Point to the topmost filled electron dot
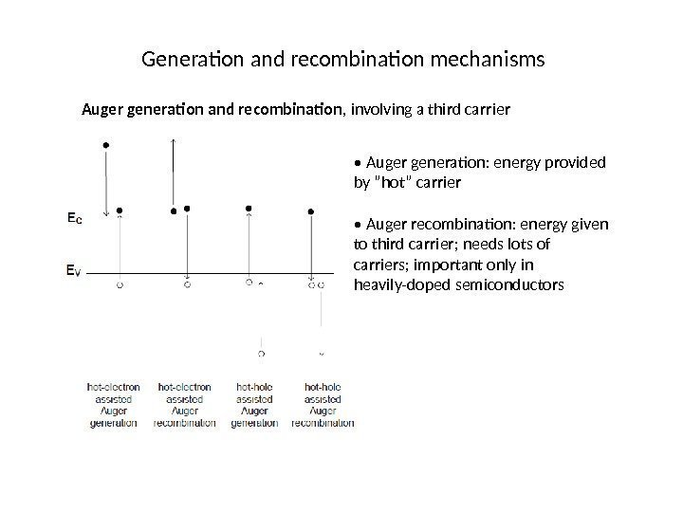pyautogui.click(x=106, y=145)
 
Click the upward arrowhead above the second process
pyautogui.click(x=173, y=139)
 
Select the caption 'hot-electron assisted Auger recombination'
pyautogui.click(x=185, y=405)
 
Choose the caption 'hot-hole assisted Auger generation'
pyautogui.click(x=253, y=405)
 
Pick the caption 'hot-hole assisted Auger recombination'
pyautogui.click(x=323, y=405)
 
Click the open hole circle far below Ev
pyautogui.click(x=262, y=354)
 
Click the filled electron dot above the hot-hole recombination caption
pyautogui.click(x=311, y=212)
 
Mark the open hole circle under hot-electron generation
pyautogui.click(x=120, y=283)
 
